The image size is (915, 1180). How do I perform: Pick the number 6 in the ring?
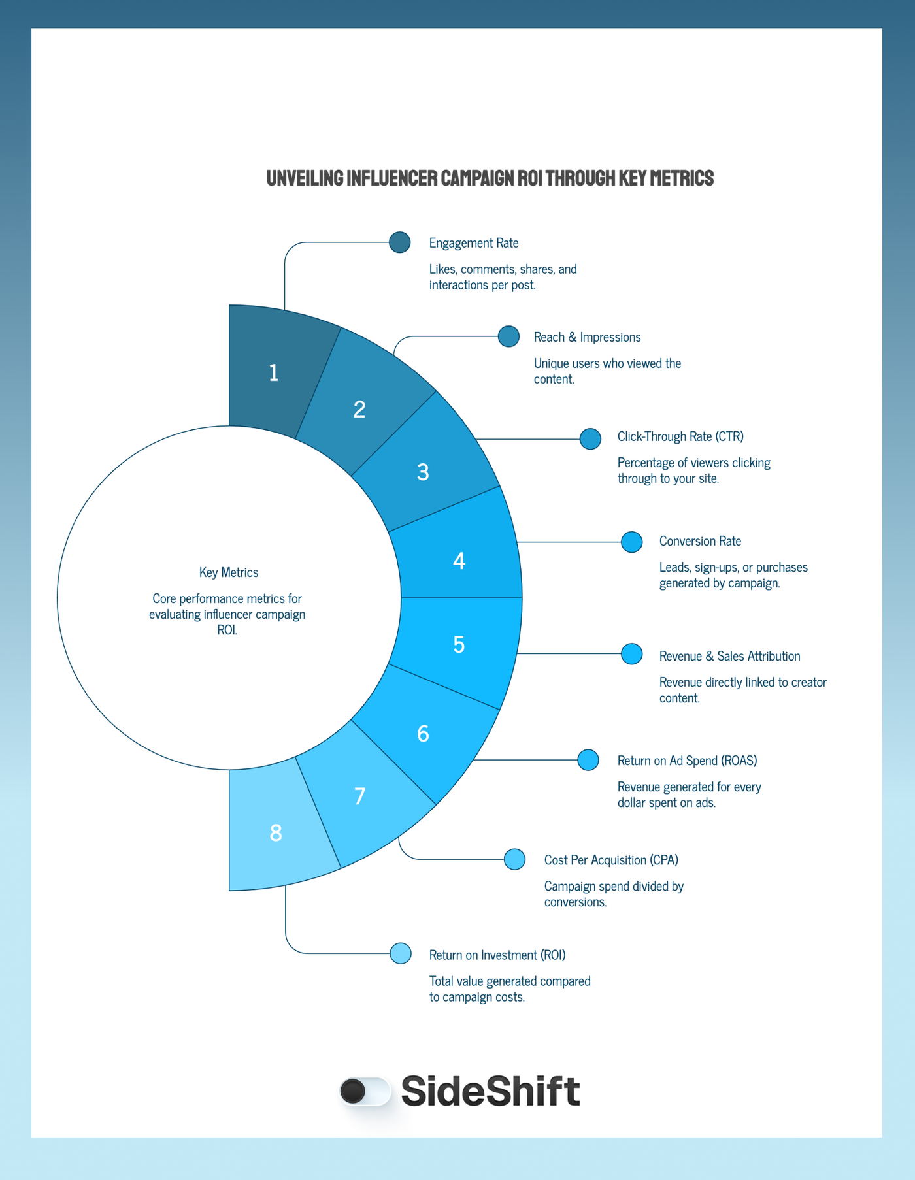coord(423,734)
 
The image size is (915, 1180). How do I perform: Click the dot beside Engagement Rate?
coord(399,242)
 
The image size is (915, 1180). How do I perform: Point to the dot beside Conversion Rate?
coord(631,542)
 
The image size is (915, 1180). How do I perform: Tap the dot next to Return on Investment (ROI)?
coord(400,953)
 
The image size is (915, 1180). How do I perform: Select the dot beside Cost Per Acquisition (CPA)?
coord(514,859)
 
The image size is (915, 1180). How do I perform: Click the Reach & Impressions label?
coord(587,337)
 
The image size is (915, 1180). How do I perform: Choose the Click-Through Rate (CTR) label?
coord(680,436)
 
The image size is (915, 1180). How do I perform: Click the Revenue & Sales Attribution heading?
coord(729,656)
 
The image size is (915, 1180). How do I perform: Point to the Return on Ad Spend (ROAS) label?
coord(687,761)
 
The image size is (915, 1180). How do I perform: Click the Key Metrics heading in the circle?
coord(229,572)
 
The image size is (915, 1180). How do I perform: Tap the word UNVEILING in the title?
coord(305,178)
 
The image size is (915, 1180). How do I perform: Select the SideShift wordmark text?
coord(490,1091)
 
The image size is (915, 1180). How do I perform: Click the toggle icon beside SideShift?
coord(365,1091)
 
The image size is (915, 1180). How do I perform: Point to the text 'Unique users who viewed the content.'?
coord(607,371)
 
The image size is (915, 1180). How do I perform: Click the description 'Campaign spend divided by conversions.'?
coord(614,894)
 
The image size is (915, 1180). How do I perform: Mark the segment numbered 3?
coord(424,470)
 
